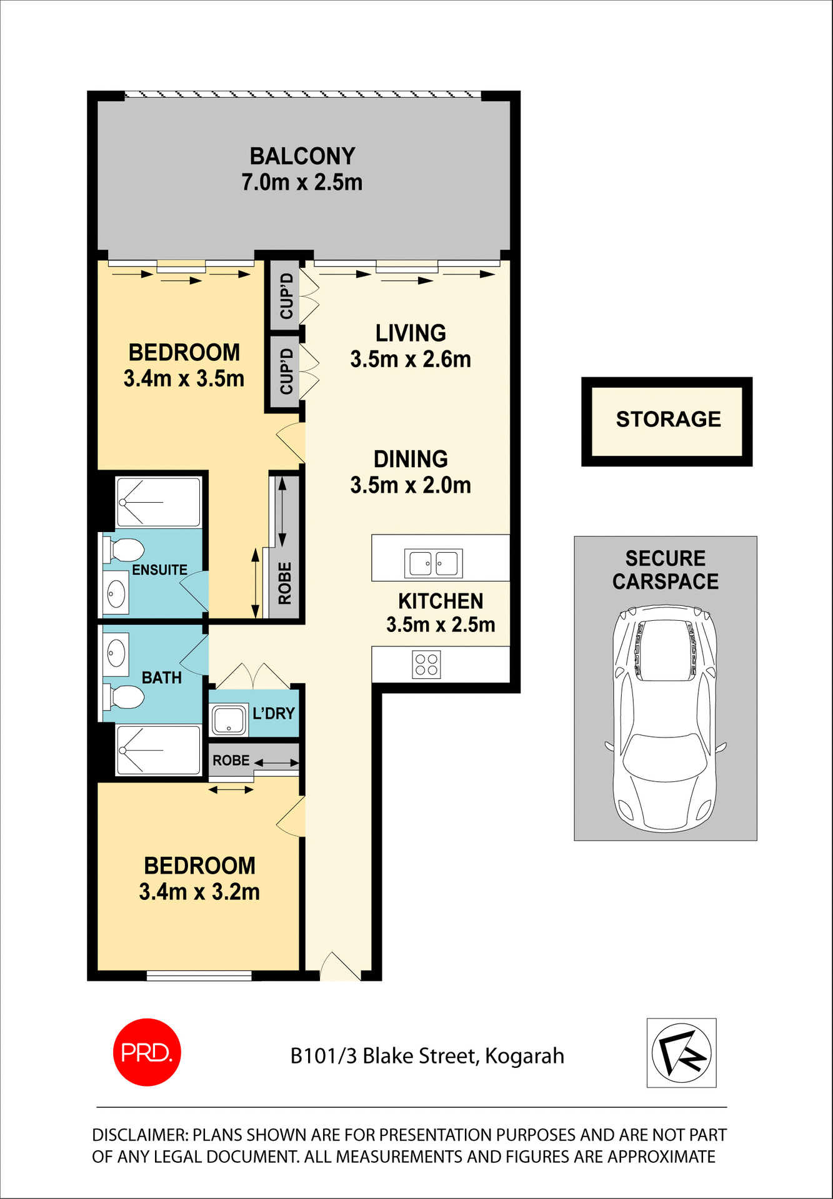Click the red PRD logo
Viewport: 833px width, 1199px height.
147,1052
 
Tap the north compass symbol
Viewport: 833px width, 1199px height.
681,1053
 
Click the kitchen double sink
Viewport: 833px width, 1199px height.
433,563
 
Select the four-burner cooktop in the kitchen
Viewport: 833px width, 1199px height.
426,664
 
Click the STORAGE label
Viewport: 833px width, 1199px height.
668,419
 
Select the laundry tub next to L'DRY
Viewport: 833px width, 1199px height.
229,720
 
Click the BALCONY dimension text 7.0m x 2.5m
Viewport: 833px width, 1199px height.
302,182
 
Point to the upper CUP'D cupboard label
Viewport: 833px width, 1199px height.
286,295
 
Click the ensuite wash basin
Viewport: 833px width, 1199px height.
116,592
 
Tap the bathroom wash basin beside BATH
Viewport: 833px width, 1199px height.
116,654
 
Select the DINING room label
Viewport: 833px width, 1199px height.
411,459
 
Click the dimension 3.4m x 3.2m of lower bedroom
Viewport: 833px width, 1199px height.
199,892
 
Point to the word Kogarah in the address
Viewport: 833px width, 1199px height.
524,1056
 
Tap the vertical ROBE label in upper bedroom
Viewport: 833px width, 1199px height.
285,583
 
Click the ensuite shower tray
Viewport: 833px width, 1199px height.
159,502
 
